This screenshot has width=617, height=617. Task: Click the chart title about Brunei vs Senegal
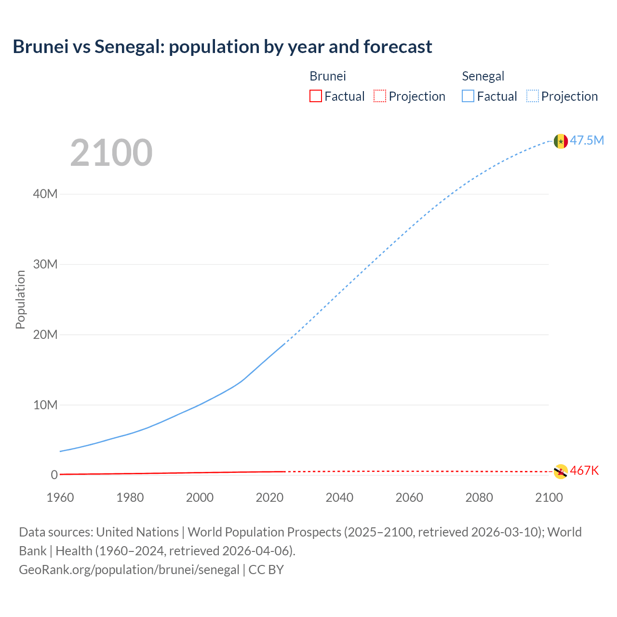coord(222,47)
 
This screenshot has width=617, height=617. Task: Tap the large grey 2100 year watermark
coord(111,153)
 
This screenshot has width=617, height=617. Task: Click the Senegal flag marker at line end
coord(561,141)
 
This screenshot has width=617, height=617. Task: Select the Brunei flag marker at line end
coord(561,471)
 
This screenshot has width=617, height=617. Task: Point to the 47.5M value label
coord(587,140)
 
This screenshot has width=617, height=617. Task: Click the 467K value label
coord(584,470)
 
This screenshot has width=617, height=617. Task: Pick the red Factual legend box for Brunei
coord(316,96)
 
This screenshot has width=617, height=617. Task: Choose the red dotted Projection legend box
coord(380,96)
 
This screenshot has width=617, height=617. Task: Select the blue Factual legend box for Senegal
coord(468,96)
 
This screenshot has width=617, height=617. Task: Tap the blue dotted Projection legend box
coord(533,96)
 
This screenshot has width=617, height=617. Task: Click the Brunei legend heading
coord(328,76)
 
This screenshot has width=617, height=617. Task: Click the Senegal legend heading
coord(483,76)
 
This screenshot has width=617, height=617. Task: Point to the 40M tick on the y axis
coord(45,194)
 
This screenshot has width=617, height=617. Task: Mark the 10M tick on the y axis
coord(45,405)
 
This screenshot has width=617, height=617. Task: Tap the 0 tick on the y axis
coord(54,475)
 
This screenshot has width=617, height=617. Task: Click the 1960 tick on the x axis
coord(60,497)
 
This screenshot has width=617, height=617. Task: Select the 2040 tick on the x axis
coord(339,497)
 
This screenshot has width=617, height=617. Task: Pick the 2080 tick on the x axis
coord(479,497)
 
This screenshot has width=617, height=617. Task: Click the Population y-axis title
coord(20,299)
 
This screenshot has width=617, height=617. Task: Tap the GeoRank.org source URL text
coord(129,570)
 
